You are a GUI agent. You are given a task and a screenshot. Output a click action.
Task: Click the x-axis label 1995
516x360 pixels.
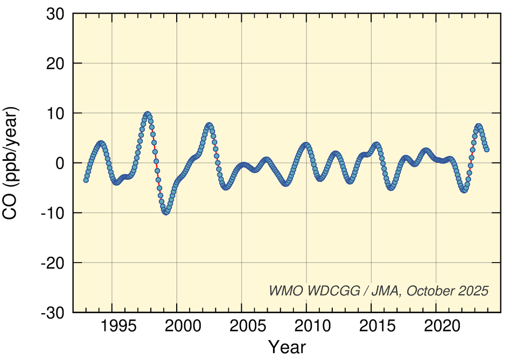(112, 326)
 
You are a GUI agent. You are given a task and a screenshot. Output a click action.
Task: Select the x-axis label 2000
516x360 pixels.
(177, 326)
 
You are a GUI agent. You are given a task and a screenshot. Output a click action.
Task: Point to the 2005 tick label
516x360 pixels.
(242, 326)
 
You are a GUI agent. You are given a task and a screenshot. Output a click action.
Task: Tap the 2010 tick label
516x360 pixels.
(306, 326)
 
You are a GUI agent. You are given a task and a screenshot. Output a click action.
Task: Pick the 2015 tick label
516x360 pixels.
(371, 326)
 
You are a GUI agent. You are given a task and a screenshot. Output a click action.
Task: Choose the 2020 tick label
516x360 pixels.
(436, 326)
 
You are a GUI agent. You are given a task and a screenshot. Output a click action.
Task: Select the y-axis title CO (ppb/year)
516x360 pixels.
(12, 163)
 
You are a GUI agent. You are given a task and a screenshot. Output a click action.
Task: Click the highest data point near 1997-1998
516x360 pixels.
(147, 114)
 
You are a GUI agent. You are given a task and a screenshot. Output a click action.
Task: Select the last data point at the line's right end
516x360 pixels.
(486, 149)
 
